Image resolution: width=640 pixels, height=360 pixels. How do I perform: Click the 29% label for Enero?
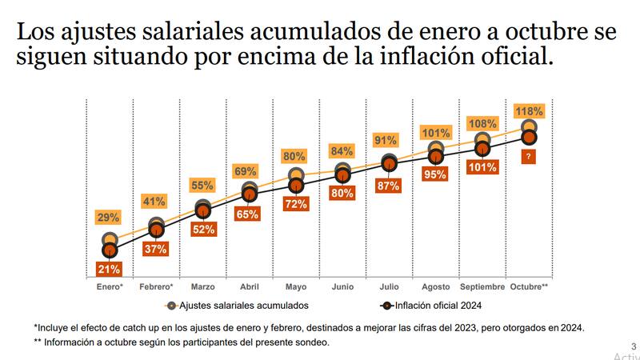(x=109, y=217)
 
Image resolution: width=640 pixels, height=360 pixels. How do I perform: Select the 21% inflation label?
(x=109, y=270)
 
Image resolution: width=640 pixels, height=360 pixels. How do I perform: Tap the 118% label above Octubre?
(x=529, y=110)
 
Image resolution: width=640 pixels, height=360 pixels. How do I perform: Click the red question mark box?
(x=529, y=158)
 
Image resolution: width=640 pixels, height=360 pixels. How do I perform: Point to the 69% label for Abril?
(x=246, y=171)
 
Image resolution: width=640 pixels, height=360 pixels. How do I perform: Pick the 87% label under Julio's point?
(x=389, y=186)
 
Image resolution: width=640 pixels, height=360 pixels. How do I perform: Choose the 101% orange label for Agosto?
(x=436, y=133)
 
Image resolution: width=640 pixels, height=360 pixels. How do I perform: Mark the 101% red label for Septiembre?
(x=482, y=168)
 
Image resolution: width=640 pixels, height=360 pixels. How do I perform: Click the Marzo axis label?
(x=202, y=286)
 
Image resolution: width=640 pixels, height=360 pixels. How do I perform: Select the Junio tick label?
(x=342, y=286)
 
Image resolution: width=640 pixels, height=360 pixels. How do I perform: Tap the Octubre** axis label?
(x=529, y=286)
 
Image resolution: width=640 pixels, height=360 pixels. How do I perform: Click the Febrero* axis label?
(x=156, y=286)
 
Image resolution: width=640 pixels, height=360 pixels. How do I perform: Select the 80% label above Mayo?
(x=294, y=156)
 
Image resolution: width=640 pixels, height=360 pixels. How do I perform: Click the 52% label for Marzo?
(x=202, y=229)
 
